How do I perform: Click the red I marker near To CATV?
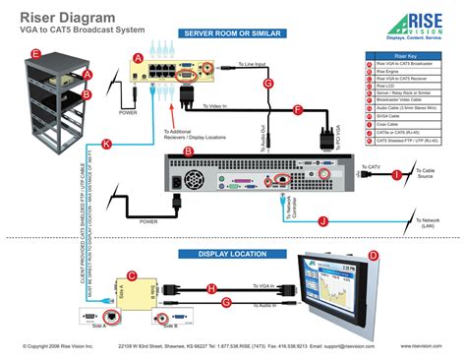(370, 175)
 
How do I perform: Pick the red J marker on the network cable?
(323, 221)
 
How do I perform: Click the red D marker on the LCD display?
(373, 256)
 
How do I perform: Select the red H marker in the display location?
(210, 288)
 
